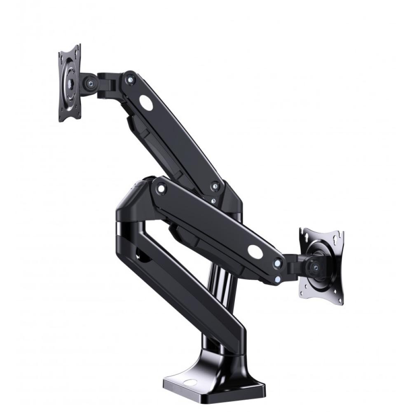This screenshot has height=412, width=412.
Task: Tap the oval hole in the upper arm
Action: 146,102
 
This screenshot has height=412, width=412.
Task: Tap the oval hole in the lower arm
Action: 255,252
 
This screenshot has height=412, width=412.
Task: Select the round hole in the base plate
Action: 190,382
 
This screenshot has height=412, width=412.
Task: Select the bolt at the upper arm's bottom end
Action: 215,186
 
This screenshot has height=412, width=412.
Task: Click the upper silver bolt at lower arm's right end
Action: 278,262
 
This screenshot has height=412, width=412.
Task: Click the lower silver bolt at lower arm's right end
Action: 278,279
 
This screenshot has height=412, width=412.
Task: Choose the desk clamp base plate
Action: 214,387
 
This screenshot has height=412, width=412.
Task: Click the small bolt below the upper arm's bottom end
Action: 213,201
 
